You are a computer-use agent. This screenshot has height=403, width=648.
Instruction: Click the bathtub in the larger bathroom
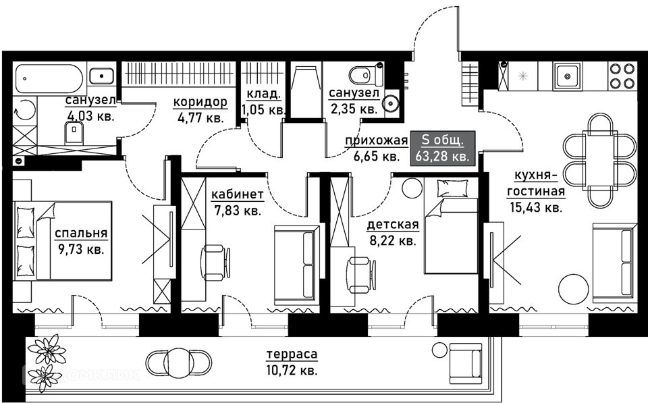click(49, 78)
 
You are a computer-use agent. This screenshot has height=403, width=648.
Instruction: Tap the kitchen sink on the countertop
click(568, 76)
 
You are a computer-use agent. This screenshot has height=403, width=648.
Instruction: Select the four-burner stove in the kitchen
click(622, 76)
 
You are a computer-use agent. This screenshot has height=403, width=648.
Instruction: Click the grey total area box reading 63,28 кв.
click(443, 149)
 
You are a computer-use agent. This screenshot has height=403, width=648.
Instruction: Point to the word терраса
click(292, 354)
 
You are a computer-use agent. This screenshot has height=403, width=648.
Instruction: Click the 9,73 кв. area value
click(79, 249)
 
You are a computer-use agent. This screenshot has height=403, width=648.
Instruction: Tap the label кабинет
click(237, 194)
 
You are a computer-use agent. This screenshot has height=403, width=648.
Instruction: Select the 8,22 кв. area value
click(393, 240)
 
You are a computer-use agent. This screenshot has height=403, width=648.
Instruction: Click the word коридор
click(200, 102)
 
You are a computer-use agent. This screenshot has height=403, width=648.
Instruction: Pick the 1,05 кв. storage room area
click(264, 110)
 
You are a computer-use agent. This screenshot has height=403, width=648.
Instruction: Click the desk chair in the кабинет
click(215, 263)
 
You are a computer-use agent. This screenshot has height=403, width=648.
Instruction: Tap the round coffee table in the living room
click(573, 289)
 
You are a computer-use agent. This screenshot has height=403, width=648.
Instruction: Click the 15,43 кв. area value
click(536, 207)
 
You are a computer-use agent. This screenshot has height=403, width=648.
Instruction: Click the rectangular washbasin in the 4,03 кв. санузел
click(101, 76)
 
